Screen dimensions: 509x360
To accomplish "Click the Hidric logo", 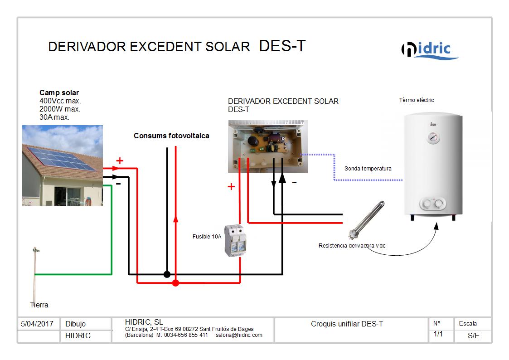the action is [430, 50].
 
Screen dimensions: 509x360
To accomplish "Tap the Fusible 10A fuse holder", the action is [235, 241].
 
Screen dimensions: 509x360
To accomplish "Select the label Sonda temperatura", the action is [368, 169].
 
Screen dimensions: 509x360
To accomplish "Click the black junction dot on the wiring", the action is [167, 274].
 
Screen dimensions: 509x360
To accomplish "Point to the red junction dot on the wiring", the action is [175, 283].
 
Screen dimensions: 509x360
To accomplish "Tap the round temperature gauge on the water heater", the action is [433, 138].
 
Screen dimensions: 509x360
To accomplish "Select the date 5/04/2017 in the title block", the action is [37, 324].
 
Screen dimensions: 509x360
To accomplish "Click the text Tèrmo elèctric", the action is [417, 100].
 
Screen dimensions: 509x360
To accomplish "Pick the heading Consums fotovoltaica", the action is [171, 136].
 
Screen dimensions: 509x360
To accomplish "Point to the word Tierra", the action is [39, 305].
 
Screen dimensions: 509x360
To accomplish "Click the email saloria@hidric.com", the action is [239, 335].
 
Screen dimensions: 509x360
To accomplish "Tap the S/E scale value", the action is [473, 336].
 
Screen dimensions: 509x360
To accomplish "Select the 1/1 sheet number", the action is [438, 334].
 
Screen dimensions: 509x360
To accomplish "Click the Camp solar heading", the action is [59, 92].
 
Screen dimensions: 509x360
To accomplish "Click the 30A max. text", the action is [54, 117].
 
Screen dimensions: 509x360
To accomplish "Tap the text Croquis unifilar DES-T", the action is [347, 324].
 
